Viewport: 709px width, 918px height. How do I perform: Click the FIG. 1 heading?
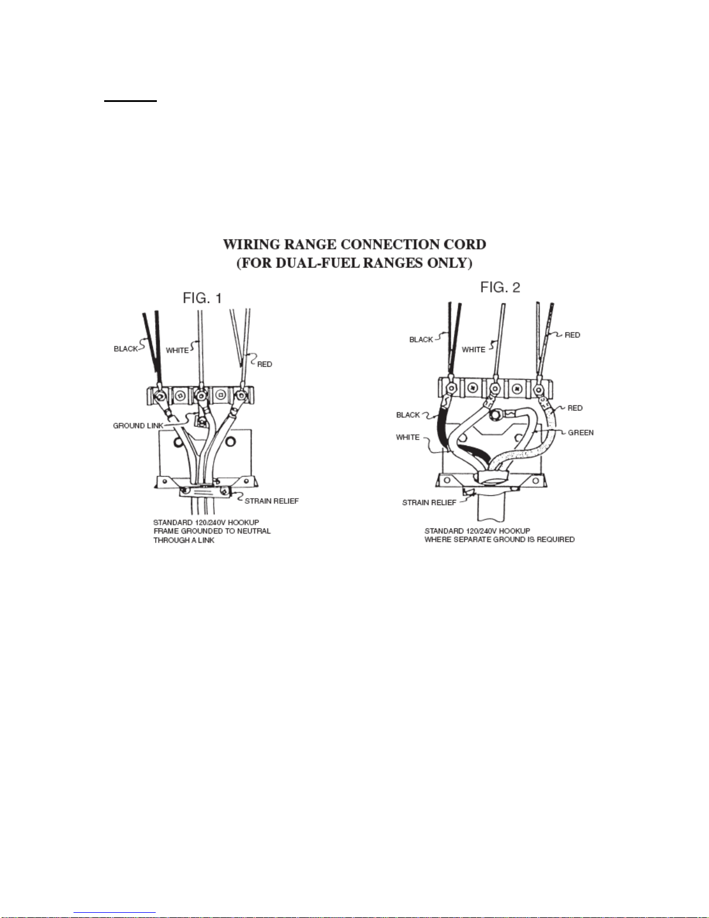202,298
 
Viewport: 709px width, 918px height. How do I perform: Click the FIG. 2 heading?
500,287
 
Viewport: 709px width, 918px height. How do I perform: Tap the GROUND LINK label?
138,426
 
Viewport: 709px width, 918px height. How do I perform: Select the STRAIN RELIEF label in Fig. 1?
271,501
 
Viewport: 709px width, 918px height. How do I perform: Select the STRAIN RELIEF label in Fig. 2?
429,502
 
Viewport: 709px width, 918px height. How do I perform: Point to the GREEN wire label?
581,433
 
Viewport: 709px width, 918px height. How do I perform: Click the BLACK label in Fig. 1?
126,349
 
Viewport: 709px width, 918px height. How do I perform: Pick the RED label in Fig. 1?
265,364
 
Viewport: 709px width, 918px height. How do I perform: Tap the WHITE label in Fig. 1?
177,350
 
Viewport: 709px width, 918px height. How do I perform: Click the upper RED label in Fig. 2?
572,335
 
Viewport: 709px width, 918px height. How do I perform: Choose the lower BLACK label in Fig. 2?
408,415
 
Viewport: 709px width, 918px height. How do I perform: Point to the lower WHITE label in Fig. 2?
407,437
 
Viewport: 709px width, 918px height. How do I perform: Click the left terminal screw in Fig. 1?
159,396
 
